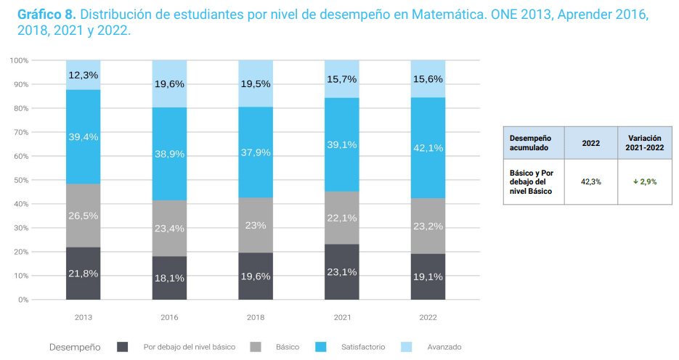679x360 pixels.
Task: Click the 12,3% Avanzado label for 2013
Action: [x=83, y=75]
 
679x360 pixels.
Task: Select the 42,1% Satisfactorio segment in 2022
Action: [x=428, y=147]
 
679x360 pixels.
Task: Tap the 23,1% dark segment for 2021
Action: [x=341, y=272]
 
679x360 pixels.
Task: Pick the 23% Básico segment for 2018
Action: [x=256, y=225]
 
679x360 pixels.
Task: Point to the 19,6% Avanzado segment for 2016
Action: [x=169, y=83]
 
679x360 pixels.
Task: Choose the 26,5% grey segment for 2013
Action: [x=83, y=216]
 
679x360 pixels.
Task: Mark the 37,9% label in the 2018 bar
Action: [x=256, y=152]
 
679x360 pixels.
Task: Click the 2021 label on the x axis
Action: [x=341, y=317]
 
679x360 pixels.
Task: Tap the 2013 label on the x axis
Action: [x=83, y=317]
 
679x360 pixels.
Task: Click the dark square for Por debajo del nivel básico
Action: [x=123, y=347]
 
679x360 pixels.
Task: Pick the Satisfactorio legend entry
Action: [x=359, y=347]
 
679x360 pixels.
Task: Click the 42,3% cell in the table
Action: [x=590, y=181]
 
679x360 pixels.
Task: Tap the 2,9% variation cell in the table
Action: [x=644, y=181]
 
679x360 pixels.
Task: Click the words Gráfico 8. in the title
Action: [x=46, y=15]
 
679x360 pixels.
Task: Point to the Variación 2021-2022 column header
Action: [x=644, y=142]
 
